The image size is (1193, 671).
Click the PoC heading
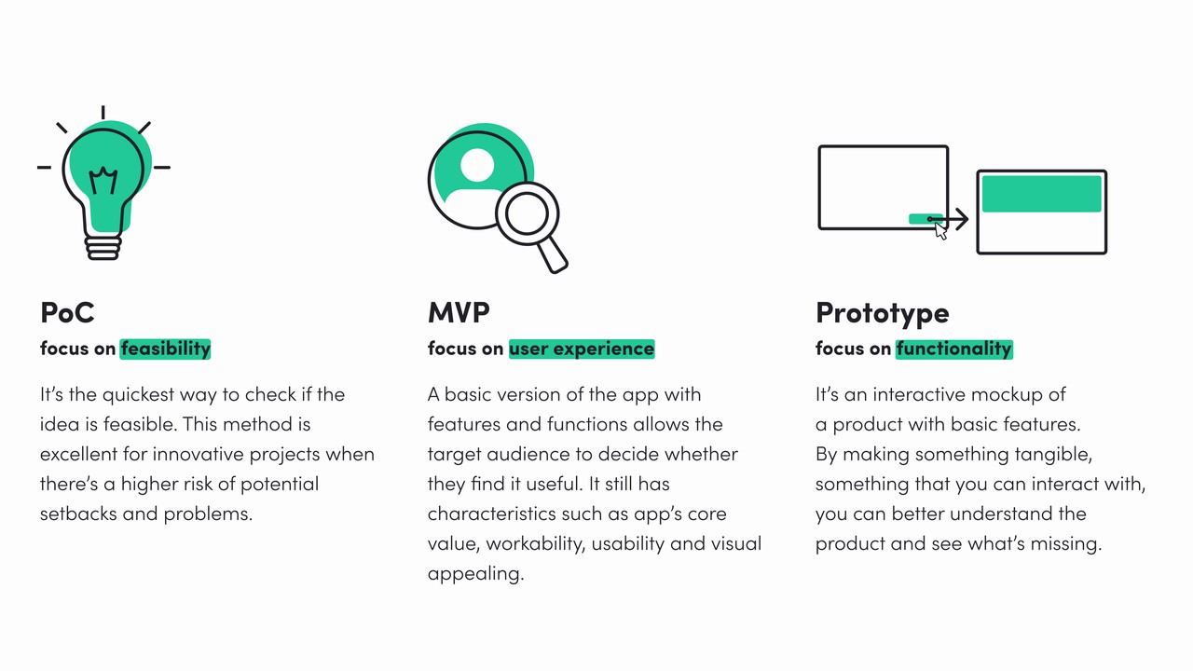point(67,312)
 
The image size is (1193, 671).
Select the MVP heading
point(459,312)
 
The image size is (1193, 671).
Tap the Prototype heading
point(882,313)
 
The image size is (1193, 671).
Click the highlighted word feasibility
point(166,349)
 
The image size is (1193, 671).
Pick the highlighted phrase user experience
point(582,349)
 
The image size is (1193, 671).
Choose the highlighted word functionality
point(953,349)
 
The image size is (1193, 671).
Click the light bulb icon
point(103,182)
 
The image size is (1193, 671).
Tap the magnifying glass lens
point(527,213)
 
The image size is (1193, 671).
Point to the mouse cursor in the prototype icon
point(940,231)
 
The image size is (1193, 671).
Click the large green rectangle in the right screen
point(1041,194)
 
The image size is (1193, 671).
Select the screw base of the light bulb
point(103,248)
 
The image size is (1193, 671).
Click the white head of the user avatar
point(477,166)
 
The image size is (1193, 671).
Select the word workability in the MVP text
point(536,543)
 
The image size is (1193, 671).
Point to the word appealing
point(474,574)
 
